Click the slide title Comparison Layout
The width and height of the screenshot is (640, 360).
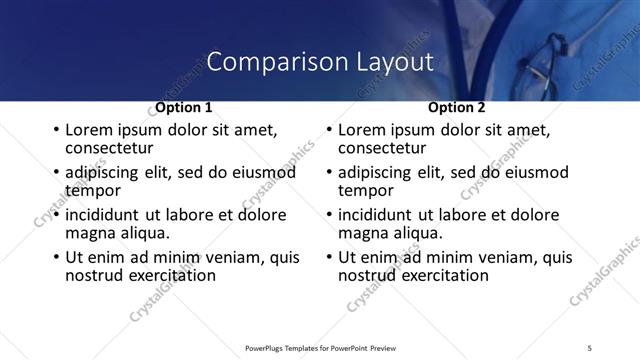coord(320,61)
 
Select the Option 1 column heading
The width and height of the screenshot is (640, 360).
coord(183,107)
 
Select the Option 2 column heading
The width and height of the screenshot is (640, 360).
coord(456,107)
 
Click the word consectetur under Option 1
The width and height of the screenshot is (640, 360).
coord(109,147)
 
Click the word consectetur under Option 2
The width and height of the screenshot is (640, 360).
coord(382,147)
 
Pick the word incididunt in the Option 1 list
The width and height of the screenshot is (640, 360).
coord(103,215)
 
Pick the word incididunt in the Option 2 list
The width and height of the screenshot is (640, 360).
coord(376,215)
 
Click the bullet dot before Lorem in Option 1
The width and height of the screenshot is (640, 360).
coord(56,131)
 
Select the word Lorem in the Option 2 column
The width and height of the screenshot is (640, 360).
coord(362,130)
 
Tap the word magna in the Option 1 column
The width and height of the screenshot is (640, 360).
coord(89,232)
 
